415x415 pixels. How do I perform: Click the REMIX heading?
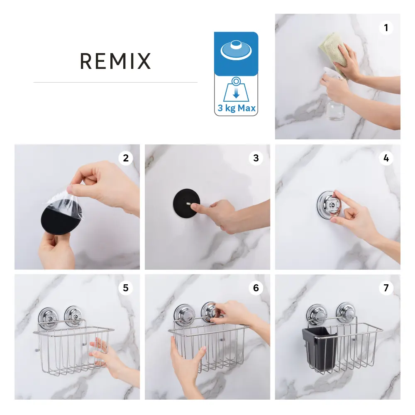115,61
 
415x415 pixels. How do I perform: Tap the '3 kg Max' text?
237,108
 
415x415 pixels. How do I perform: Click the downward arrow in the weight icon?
236,93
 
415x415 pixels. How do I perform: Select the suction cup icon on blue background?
236,50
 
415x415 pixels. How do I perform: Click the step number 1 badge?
386,28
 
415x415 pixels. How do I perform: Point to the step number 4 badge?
386,158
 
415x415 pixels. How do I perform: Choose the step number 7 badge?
386,288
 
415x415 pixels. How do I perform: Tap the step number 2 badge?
126,158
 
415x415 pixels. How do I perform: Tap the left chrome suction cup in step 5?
48,316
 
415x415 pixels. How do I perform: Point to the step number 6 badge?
256,288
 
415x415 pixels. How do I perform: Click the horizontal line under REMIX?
115,82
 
